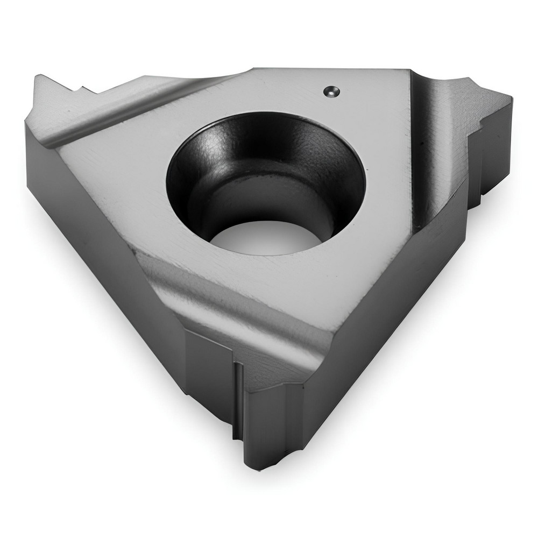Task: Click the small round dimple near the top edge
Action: click(331, 91)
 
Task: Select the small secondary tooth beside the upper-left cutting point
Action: click(81, 89)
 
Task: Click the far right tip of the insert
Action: click(508, 100)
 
